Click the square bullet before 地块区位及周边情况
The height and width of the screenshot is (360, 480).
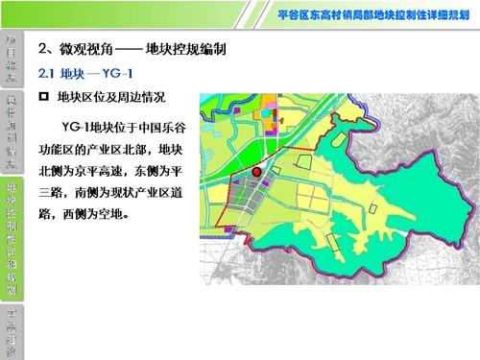(41, 97)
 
